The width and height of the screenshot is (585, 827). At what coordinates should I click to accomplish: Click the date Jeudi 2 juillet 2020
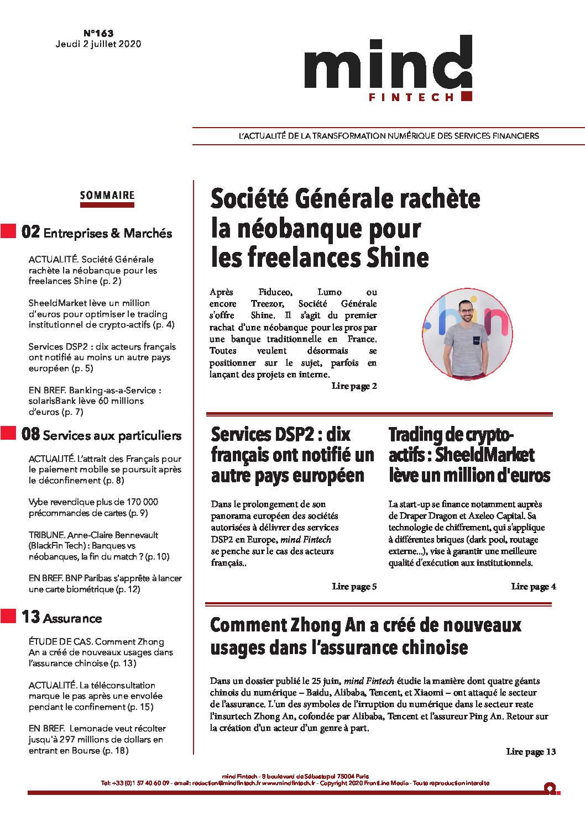point(98,44)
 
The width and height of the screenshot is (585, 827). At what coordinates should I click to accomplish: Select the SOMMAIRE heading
point(107,195)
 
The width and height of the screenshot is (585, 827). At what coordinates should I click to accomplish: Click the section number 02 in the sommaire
point(30,232)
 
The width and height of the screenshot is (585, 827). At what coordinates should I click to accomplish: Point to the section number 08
point(30,434)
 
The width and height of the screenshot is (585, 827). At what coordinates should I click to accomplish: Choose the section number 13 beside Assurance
point(30,617)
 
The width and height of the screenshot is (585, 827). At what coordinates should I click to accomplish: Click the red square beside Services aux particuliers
point(8,433)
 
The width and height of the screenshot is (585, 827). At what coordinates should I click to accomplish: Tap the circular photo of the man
point(467,333)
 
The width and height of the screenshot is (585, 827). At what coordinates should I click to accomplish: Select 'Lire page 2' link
point(354,386)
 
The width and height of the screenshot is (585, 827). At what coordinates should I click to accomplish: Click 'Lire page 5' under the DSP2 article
point(354,587)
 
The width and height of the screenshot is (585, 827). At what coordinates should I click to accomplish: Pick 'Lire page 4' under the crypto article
point(533,587)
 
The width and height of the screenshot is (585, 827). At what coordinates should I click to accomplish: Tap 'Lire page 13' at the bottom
point(531,752)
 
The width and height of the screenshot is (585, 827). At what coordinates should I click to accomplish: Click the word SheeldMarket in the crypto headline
point(484,455)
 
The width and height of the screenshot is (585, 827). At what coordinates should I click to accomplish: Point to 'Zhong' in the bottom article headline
point(314,625)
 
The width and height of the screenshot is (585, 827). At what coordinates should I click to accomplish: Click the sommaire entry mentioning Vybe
point(93,508)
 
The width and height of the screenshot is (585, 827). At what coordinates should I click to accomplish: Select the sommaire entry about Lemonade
point(97,739)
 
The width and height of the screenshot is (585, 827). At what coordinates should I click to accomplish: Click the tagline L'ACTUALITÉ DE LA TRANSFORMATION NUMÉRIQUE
point(388,136)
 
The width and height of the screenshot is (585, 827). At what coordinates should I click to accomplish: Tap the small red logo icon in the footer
point(550,788)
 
